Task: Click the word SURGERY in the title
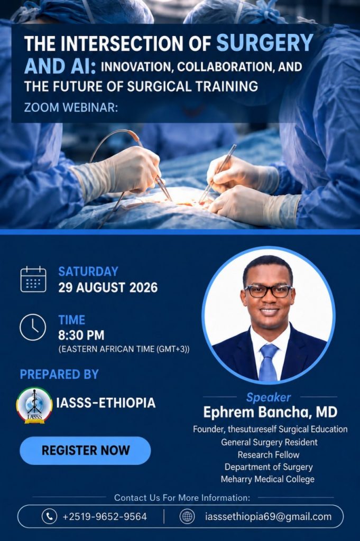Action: (x=265, y=43)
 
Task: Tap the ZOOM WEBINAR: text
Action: (x=71, y=108)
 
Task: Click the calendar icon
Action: (x=33, y=279)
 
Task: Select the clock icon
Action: (x=33, y=327)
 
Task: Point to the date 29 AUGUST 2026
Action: (x=108, y=287)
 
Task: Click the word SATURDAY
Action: (x=88, y=272)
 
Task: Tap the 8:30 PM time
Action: (x=81, y=335)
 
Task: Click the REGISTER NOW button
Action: (x=85, y=450)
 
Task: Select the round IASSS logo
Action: (x=34, y=405)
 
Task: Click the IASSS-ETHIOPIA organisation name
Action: (x=106, y=403)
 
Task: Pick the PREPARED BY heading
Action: (x=59, y=375)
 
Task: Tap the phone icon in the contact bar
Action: (x=49, y=517)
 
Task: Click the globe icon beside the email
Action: (x=188, y=517)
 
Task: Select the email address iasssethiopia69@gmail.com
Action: (x=268, y=517)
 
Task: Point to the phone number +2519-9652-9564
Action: (x=105, y=517)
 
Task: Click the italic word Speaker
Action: (x=269, y=397)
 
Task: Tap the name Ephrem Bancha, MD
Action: (x=270, y=412)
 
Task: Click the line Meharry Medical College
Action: (x=268, y=479)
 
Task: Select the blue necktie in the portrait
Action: (x=268, y=362)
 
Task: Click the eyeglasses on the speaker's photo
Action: (x=268, y=291)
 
